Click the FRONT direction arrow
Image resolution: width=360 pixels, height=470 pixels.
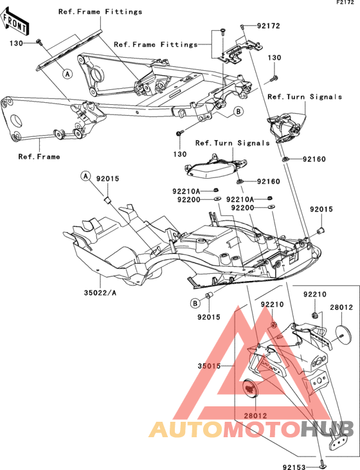[x=14, y=21]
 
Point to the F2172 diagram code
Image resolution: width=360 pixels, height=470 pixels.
[x=345, y=3]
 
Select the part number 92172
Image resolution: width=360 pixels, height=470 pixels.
[x=269, y=26]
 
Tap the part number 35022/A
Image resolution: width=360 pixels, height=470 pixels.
[x=100, y=293]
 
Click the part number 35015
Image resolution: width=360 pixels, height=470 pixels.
[x=209, y=366]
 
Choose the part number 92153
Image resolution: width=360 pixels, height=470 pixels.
[x=294, y=467]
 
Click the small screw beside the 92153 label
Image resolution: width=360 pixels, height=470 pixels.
[x=322, y=464]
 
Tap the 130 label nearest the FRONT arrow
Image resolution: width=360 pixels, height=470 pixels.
[x=16, y=44]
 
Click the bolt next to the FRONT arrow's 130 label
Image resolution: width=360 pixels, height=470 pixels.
[x=39, y=42]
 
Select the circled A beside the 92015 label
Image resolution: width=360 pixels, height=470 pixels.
[x=85, y=176]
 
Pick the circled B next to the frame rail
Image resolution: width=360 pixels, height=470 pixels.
[x=239, y=111]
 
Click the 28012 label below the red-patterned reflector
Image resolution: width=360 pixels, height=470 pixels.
[x=255, y=416]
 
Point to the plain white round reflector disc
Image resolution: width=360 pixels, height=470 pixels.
[x=342, y=336]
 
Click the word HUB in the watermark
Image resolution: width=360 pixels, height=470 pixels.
[x=327, y=429]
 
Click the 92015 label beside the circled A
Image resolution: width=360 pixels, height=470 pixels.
[x=107, y=179]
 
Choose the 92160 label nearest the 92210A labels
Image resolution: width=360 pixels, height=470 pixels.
[x=269, y=181]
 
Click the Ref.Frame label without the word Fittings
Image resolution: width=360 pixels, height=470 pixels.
[x=39, y=156]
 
